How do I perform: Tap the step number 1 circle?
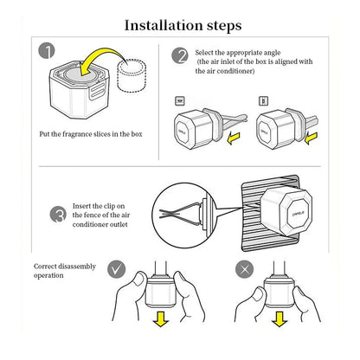click(47, 51)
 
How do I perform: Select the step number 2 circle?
click(180, 55)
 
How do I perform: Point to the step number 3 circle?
click(59, 215)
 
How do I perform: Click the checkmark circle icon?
click(117, 269)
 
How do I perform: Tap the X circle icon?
click(244, 270)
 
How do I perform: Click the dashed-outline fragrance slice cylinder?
click(132, 76)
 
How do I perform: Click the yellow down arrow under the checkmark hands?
click(160, 318)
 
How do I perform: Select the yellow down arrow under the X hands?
click(280, 318)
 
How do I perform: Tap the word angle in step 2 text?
click(272, 53)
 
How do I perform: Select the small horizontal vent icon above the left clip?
click(180, 101)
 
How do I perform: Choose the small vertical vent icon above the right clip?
click(263, 101)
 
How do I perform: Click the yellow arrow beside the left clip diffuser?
click(234, 138)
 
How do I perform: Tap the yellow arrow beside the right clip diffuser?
click(311, 138)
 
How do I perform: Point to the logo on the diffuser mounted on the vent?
click(299, 214)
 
